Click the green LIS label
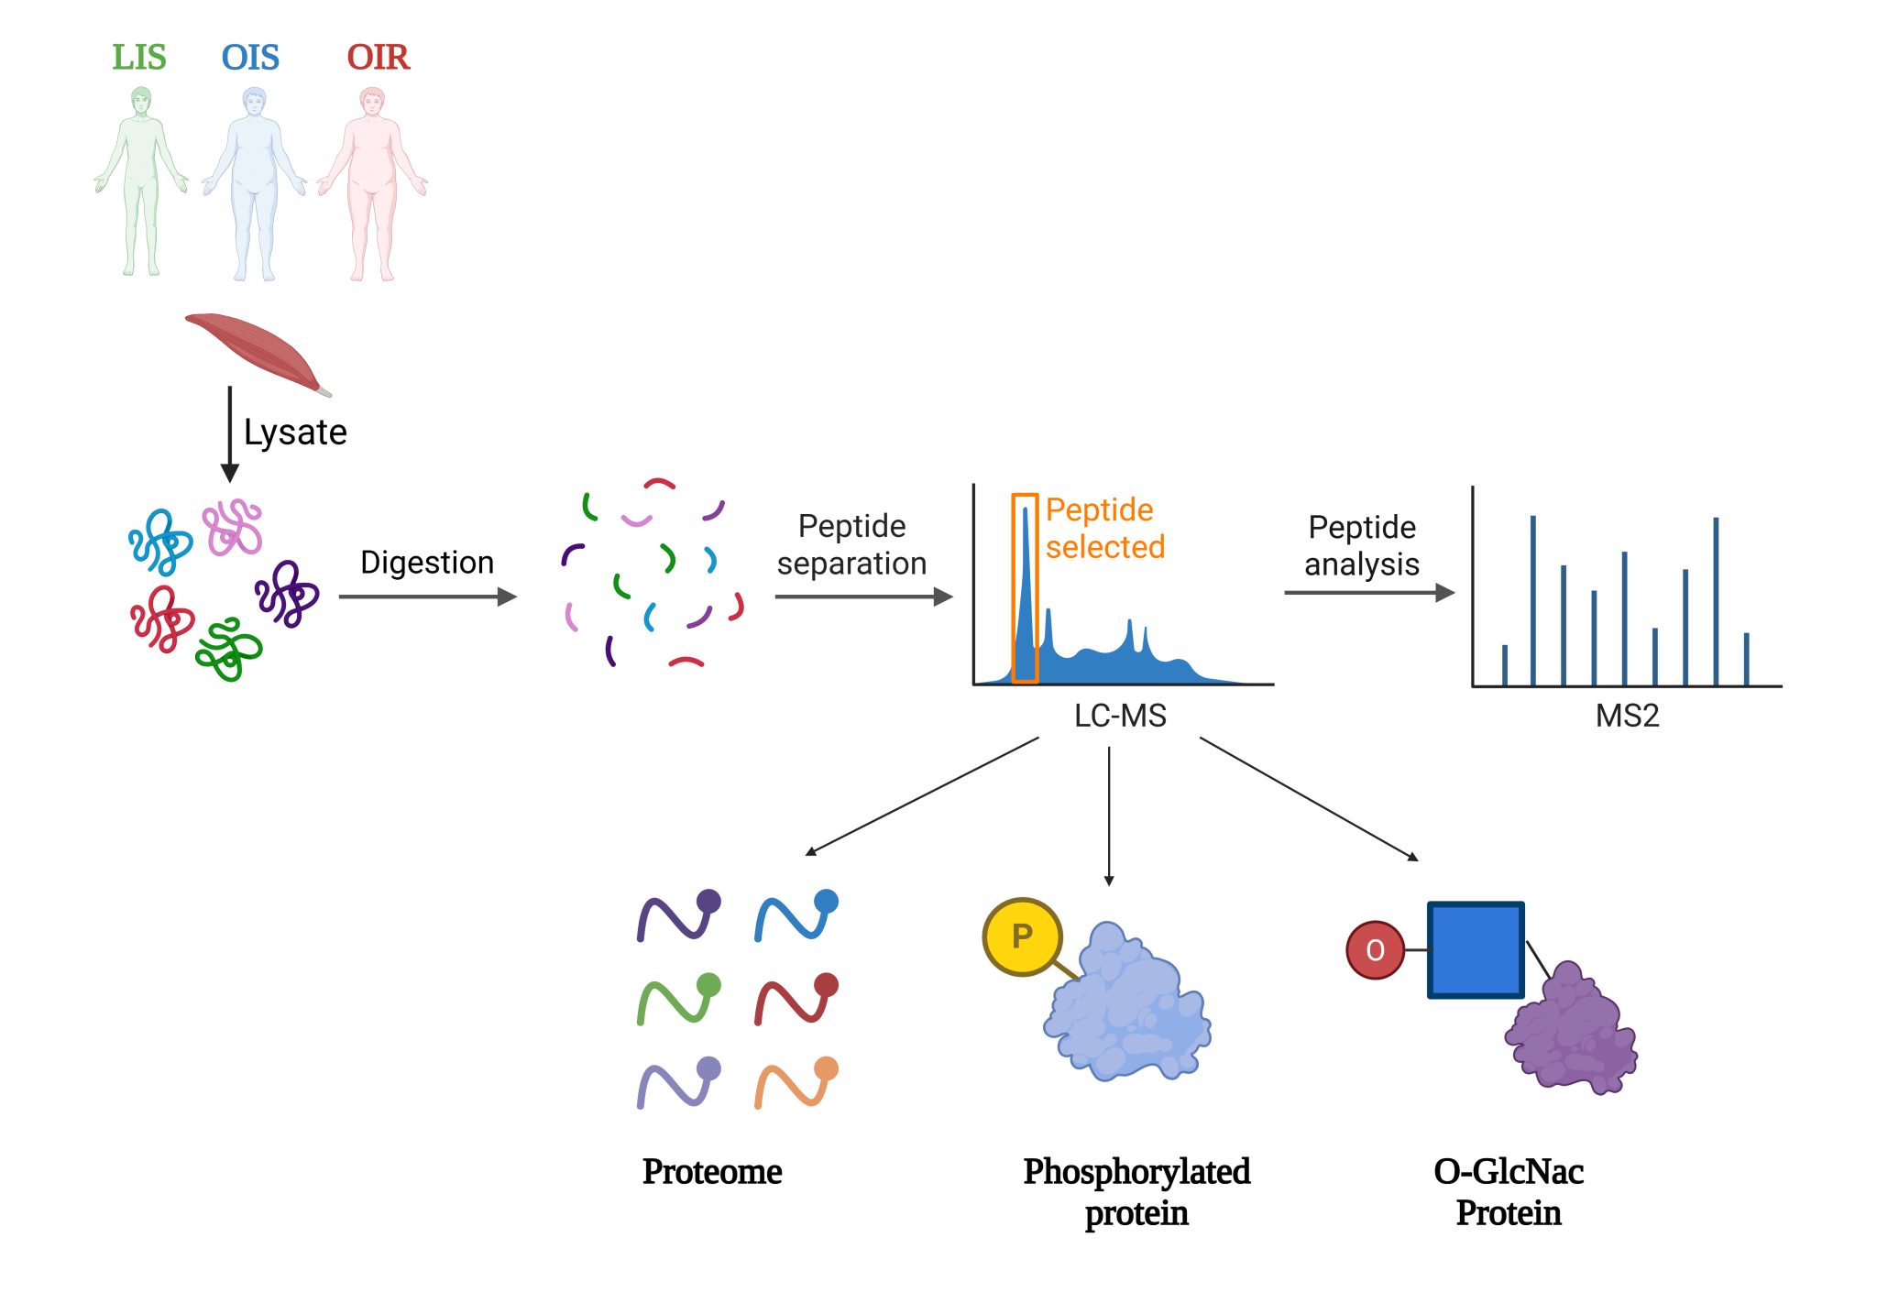139,57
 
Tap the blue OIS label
250,57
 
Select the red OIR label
378,57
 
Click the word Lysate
295,432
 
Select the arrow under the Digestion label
428,597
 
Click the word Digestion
427,562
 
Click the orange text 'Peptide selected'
1105,528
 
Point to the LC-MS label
1120,715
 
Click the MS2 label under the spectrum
1627,715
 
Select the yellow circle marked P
1022,936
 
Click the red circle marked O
1375,950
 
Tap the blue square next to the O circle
1476,949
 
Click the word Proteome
712,1171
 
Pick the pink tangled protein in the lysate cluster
233,527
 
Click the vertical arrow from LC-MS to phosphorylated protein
1109,816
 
